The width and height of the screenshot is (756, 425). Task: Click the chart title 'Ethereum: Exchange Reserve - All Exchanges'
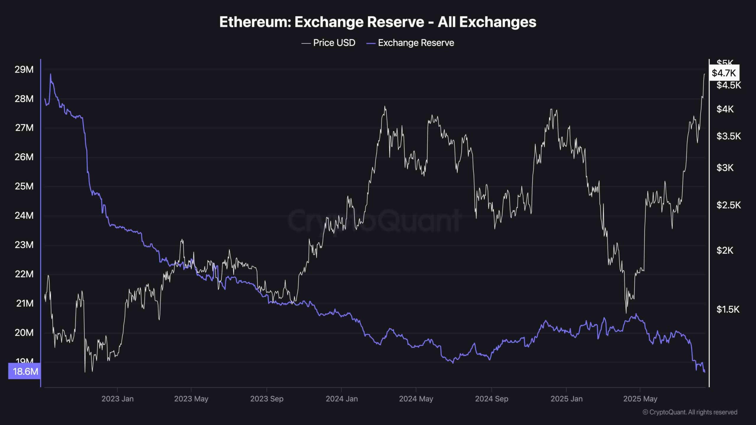(x=378, y=22)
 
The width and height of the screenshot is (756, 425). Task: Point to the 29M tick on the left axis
(x=24, y=70)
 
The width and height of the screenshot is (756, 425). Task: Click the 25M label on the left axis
(x=24, y=186)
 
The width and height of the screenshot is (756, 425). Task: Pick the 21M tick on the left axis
(x=25, y=303)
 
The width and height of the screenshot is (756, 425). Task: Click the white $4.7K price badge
(x=724, y=73)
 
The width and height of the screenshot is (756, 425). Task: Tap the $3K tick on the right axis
(x=725, y=168)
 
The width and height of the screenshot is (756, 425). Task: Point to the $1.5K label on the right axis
(x=728, y=309)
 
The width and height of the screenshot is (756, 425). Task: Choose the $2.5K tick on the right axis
(x=729, y=205)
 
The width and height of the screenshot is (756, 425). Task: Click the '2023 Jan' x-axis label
(x=118, y=399)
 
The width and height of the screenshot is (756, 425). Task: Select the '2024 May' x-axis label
(x=416, y=399)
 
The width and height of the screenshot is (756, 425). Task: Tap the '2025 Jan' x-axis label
(x=566, y=399)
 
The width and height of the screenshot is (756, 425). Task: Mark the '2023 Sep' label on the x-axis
(x=267, y=399)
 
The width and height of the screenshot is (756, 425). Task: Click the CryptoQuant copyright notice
(x=690, y=412)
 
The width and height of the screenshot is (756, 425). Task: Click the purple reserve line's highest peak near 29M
(x=50, y=74)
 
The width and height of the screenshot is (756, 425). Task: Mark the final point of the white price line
(x=704, y=74)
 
